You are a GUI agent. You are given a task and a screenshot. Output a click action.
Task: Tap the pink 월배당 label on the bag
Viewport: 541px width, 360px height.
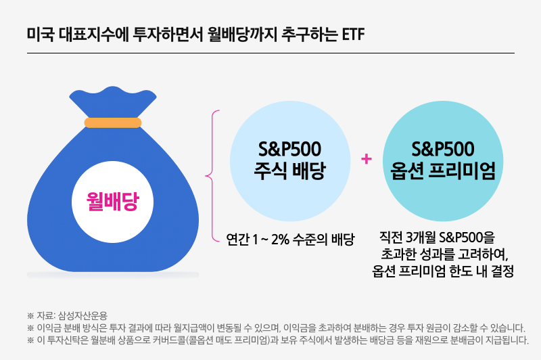pos(112,201)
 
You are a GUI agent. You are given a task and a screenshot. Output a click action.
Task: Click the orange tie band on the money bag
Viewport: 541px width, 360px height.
pos(112,122)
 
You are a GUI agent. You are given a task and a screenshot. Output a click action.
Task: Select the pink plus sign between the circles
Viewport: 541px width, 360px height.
pos(367,159)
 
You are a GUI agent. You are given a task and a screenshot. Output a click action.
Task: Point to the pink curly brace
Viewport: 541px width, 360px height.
pos(212,174)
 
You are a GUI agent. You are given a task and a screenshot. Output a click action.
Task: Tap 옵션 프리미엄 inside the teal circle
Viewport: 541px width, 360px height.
pos(443,171)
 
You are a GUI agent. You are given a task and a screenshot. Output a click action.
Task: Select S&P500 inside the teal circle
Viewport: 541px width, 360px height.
pos(443,148)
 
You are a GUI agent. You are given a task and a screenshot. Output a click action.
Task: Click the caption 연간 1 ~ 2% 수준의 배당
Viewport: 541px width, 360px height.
pos(291,239)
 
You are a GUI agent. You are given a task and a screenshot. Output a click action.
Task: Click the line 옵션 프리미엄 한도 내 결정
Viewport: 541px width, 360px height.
pos(443,271)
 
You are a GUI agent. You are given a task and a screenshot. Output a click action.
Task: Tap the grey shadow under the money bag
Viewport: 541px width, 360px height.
pos(112,275)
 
